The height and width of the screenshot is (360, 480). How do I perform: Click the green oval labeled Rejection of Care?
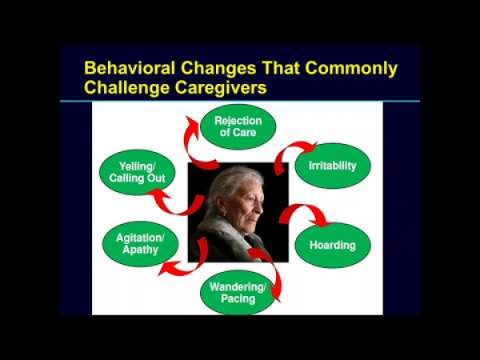tap(238, 126)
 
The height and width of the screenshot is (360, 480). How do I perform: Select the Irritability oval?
tap(333, 166)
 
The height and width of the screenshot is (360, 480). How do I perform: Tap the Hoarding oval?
tap(333, 246)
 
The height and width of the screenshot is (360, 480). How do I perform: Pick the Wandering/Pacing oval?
tap(238, 293)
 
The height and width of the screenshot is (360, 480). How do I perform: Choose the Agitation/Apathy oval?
tap(140, 244)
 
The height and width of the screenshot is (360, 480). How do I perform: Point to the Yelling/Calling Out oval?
tap(137, 172)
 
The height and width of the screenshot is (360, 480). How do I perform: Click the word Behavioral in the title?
tap(130, 68)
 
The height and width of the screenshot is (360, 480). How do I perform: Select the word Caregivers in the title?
tap(221, 88)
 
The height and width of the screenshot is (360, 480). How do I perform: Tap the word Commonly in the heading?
tap(351, 69)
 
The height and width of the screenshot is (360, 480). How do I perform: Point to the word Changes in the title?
tap(218, 69)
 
